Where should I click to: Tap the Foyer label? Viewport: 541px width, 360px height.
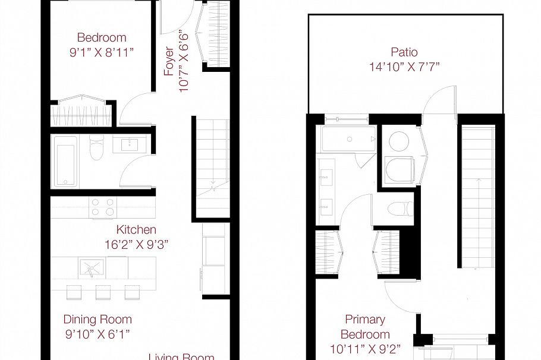[169, 61]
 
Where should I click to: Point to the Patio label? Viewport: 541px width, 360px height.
[404, 52]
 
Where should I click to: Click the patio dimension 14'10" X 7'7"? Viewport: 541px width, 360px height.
[404, 67]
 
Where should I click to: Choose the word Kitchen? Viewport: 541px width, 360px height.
[136, 229]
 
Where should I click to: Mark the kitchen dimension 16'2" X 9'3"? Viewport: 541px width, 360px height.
[136, 244]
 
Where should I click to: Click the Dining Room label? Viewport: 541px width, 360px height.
[97, 320]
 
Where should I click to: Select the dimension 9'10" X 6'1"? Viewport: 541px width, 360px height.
[97, 334]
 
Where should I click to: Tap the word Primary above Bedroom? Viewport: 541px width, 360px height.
[365, 320]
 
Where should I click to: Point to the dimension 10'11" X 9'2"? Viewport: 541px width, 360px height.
[365, 349]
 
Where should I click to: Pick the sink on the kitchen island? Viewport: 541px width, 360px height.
[91, 269]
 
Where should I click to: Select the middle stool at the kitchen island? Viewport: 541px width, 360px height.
[102, 292]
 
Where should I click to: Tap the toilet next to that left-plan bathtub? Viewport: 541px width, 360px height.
[95, 150]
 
